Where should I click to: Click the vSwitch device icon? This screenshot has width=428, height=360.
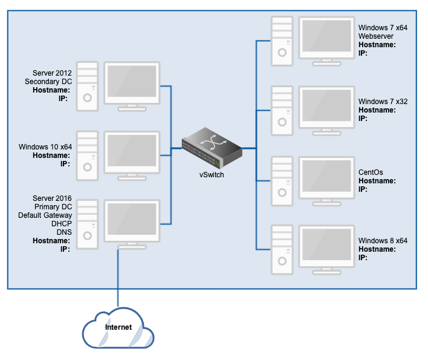212,148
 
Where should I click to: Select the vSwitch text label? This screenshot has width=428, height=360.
212,175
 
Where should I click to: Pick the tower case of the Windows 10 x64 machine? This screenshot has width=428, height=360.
88,155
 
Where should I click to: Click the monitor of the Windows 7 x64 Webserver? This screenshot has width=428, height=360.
326,38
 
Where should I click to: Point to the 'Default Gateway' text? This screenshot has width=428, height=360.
45,215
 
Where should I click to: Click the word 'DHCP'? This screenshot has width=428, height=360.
61,224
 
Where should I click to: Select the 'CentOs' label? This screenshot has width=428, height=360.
371,172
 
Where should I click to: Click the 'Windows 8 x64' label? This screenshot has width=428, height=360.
383,241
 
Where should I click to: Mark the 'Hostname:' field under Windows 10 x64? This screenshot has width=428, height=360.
51,155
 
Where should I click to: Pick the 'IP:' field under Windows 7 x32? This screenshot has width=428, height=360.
363,119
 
